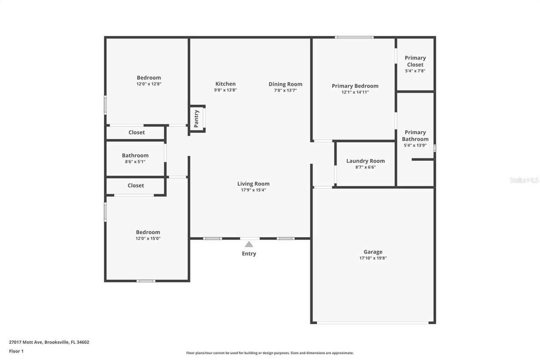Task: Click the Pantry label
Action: pos(197,119)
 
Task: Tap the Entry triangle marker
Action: pos(249,244)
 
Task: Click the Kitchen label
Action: pos(225,84)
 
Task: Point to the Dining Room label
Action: pos(285,84)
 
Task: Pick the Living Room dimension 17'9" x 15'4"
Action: pos(253,190)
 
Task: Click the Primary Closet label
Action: pos(415,61)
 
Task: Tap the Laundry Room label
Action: pos(365,161)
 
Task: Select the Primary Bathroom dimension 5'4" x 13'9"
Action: pos(415,145)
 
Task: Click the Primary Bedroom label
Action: pos(355,86)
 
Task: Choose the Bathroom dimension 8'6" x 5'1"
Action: pos(135,162)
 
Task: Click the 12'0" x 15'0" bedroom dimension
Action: pos(148,238)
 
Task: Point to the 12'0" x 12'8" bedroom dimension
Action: pos(148,84)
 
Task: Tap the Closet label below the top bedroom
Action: pos(137,133)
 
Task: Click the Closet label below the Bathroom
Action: pos(136,186)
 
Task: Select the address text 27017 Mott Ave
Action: pos(26,342)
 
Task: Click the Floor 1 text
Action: pos(16,351)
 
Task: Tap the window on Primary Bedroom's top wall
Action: pos(354,38)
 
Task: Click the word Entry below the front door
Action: pos(249,254)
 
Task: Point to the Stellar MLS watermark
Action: pos(524,180)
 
